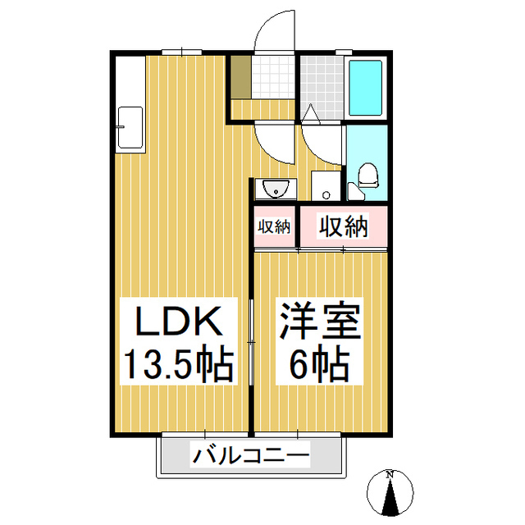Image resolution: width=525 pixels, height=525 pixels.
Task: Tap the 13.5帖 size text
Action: pos(179,363)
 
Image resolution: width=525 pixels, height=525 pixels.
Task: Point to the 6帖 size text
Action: pos(320,363)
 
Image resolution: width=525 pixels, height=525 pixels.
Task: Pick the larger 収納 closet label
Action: pos(343,226)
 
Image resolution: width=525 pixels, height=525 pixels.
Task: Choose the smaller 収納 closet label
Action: pos(274,226)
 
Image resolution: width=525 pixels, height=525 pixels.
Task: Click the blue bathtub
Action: pos(366,89)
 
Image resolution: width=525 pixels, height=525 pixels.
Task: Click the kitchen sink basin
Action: pos(130,128)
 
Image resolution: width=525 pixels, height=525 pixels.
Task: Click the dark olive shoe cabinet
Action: pos(240,75)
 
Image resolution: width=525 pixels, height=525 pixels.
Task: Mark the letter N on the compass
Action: pos(391,475)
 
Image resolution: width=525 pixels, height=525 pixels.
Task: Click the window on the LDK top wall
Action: pos(181,52)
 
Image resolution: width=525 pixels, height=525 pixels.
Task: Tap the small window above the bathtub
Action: pos(343,52)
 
